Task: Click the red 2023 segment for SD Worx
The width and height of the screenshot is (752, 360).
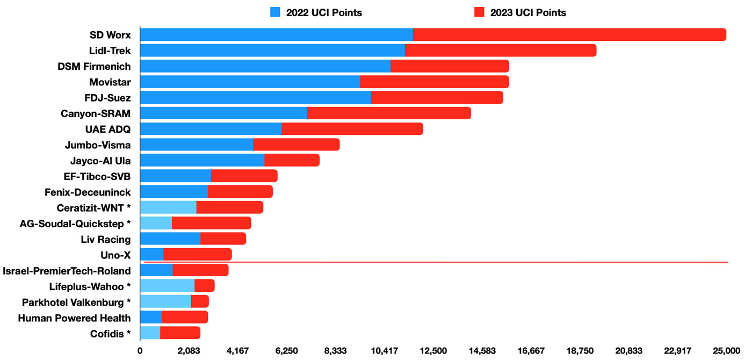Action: (569, 35)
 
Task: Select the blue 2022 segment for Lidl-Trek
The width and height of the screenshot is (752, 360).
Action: (272, 51)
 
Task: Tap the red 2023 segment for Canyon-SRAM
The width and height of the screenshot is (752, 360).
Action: (389, 113)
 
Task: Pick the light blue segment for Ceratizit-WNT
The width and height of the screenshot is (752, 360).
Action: (168, 207)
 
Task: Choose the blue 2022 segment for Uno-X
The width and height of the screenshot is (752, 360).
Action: (151, 255)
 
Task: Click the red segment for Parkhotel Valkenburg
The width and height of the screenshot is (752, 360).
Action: (200, 301)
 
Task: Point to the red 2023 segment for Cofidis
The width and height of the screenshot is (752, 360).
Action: (180, 333)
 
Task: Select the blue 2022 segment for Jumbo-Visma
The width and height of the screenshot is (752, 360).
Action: (197, 145)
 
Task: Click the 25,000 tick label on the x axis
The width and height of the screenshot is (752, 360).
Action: (726, 351)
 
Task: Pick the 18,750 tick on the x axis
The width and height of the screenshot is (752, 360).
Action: (580, 351)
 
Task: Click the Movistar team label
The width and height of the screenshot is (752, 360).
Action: (110, 82)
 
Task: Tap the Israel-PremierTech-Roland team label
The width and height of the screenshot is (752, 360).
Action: (67, 271)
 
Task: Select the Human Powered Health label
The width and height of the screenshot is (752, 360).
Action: (74, 318)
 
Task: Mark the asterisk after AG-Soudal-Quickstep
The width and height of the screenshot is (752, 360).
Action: (128, 222)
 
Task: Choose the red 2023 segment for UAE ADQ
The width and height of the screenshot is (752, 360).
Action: (352, 129)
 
